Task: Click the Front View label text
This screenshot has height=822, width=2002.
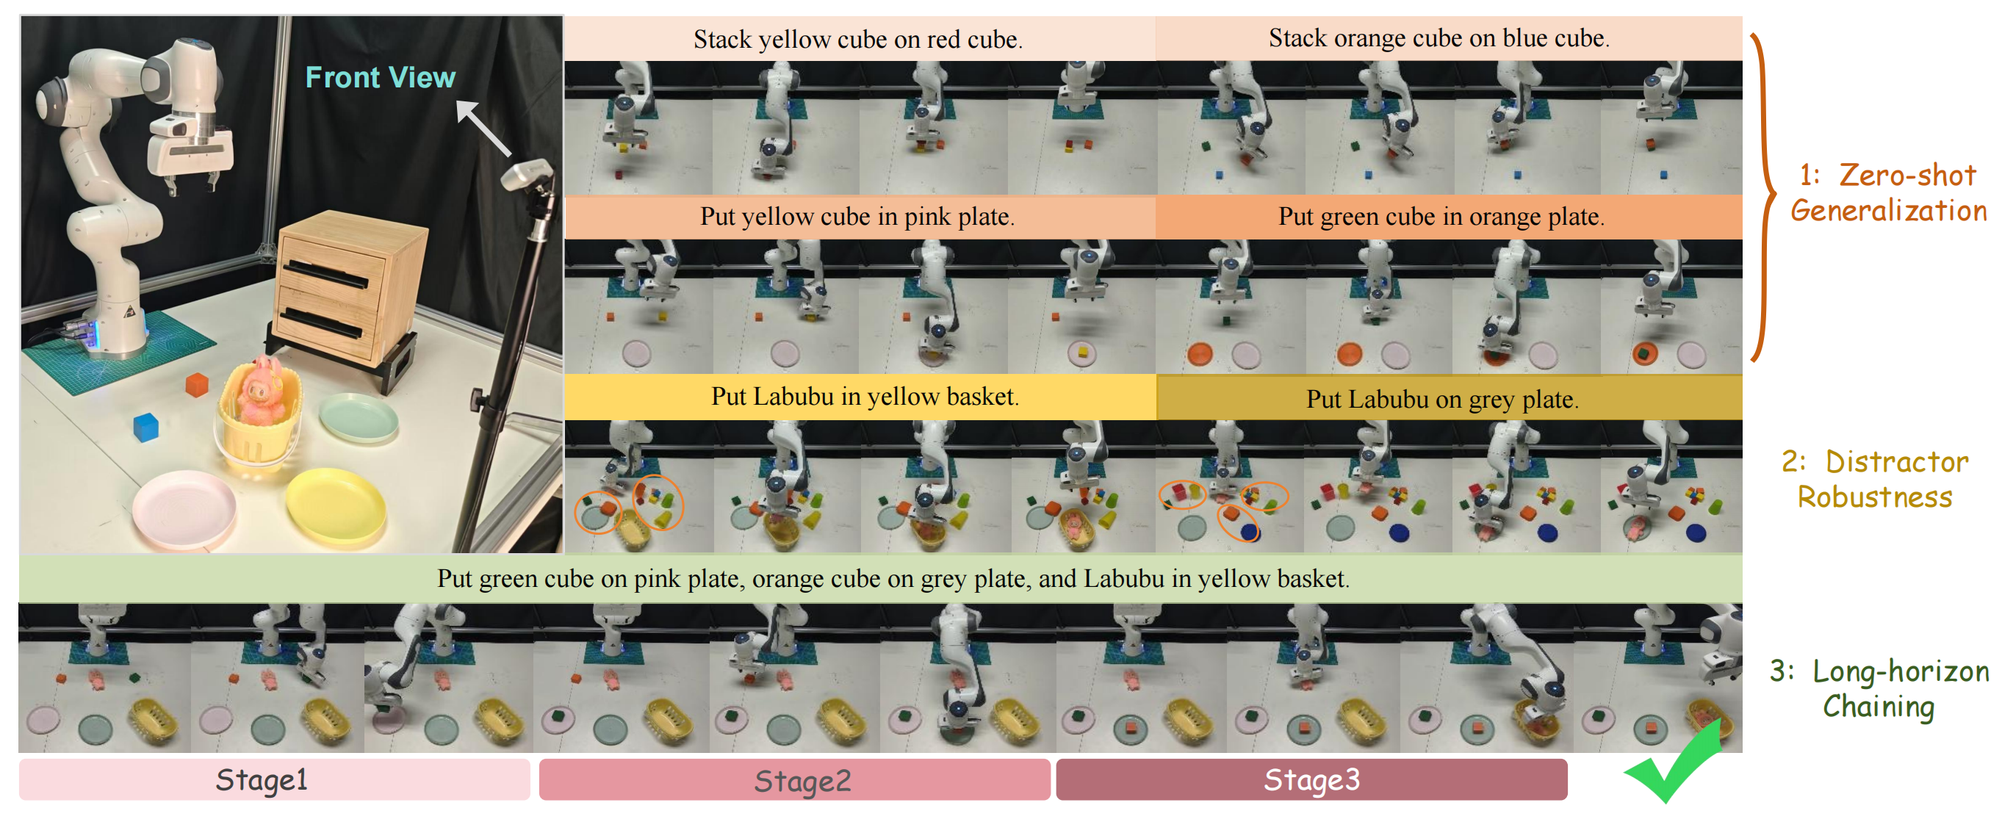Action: tap(380, 78)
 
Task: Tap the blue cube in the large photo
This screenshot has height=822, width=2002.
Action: tap(145, 427)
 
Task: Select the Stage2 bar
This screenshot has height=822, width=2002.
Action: tap(794, 780)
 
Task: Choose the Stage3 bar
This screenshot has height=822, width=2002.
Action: tap(1311, 779)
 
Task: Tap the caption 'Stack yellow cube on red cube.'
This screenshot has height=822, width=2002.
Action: tap(857, 39)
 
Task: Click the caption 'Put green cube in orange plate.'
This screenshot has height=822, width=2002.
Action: tap(1441, 216)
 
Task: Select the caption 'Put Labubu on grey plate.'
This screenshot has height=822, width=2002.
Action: tap(1441, 399)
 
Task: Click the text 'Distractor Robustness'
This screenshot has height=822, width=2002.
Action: tap(1875, 479)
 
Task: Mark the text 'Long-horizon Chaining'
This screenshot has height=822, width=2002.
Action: tap(1879, 688)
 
